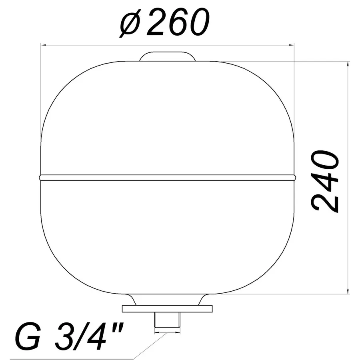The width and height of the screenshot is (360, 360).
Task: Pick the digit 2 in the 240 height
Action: click(325, 202)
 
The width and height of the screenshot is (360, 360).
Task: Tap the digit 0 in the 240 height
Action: click(325, 160)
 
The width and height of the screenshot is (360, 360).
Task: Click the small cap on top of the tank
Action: click(168, 56)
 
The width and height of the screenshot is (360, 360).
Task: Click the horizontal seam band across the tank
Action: click(168, 177)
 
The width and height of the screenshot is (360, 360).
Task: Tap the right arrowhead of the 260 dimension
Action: click(292, 45)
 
